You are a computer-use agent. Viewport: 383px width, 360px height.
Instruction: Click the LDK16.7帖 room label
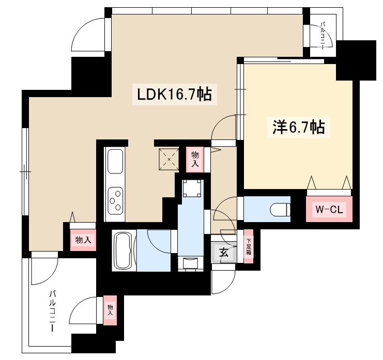point(174,95)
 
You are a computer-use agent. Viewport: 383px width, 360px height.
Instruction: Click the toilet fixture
point(280,209)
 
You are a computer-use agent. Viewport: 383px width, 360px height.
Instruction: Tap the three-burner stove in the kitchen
point(115,199)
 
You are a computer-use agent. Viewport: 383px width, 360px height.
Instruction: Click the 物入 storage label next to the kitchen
point(195,159)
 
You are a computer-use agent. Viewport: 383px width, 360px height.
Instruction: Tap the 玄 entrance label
point(224,253)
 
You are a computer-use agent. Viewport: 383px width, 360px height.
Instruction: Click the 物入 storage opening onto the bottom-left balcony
point(110,311)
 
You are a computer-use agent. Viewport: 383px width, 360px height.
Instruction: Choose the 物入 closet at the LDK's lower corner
point(80,240)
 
